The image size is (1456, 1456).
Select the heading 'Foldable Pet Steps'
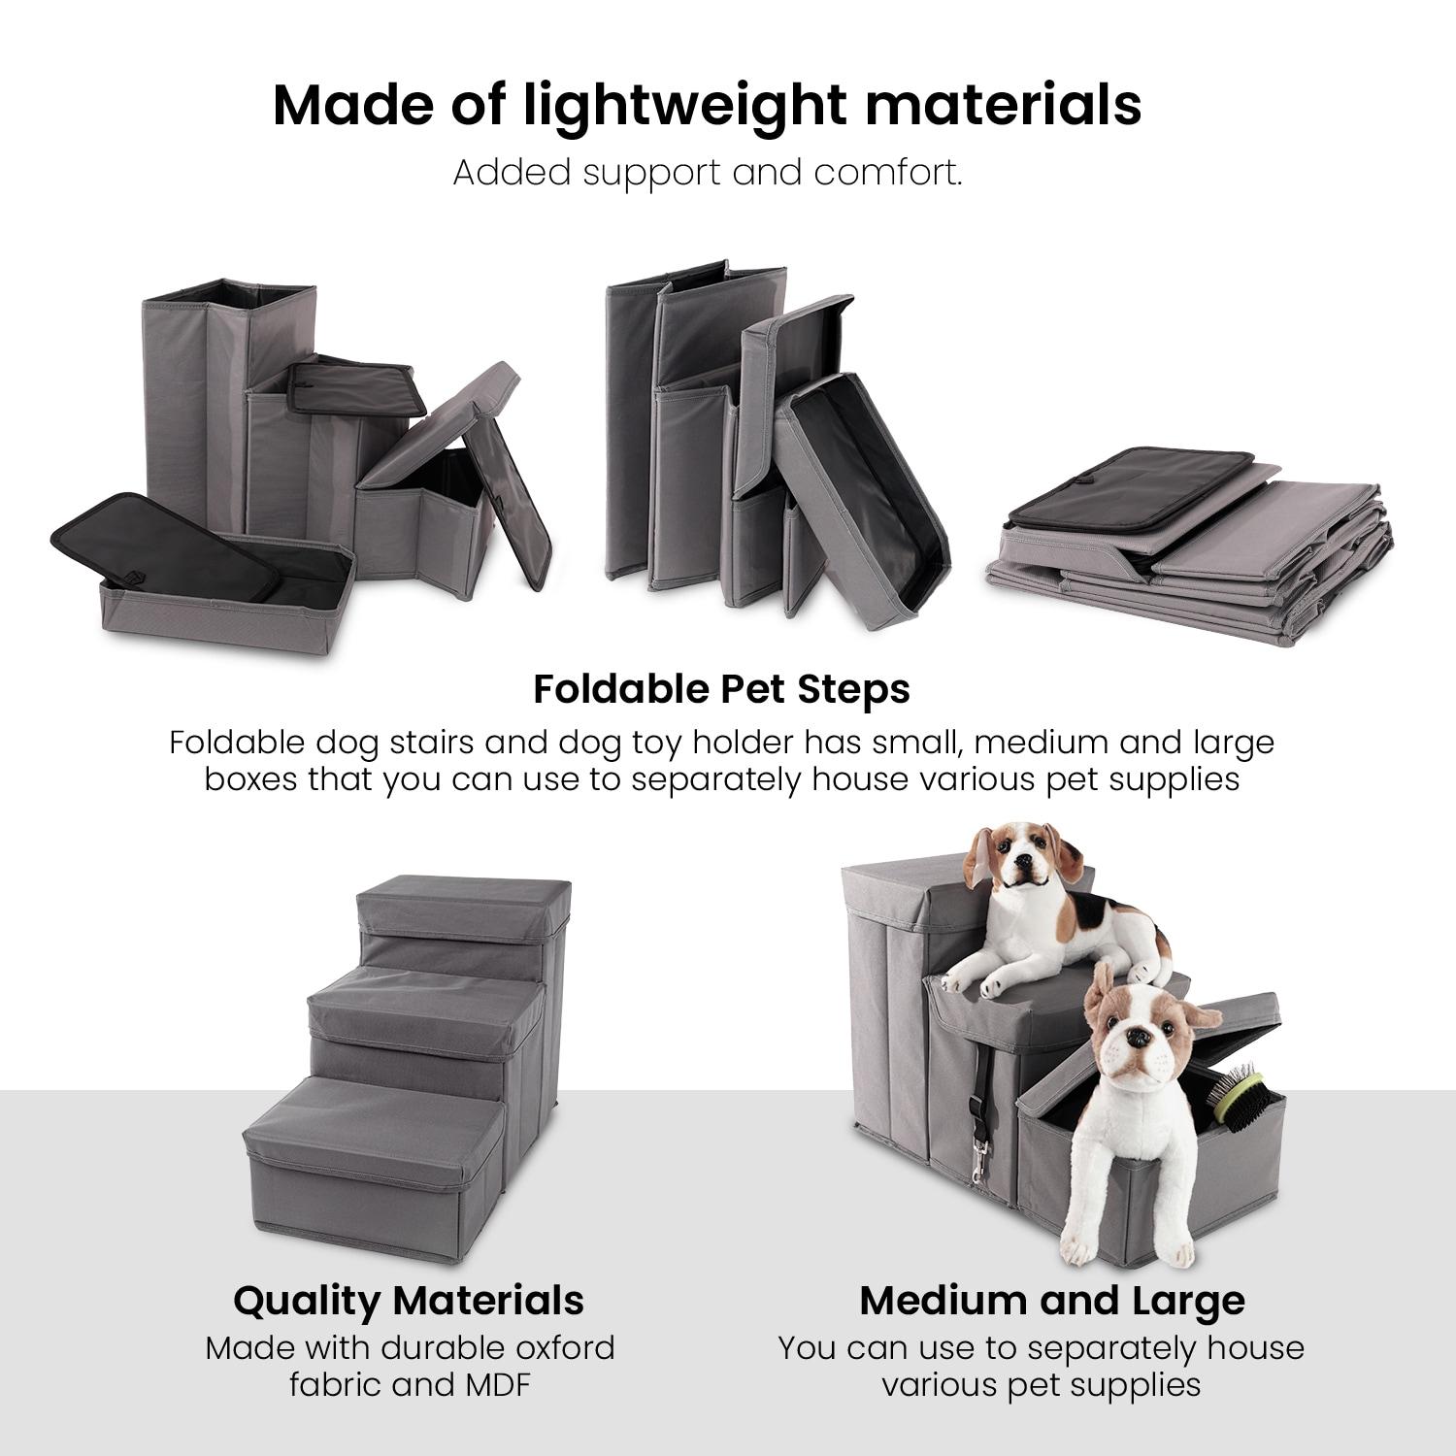(x=721, y=689)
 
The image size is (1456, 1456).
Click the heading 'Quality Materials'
(x=409, y=1300)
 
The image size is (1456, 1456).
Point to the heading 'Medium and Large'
(x=1051, y=1300)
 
